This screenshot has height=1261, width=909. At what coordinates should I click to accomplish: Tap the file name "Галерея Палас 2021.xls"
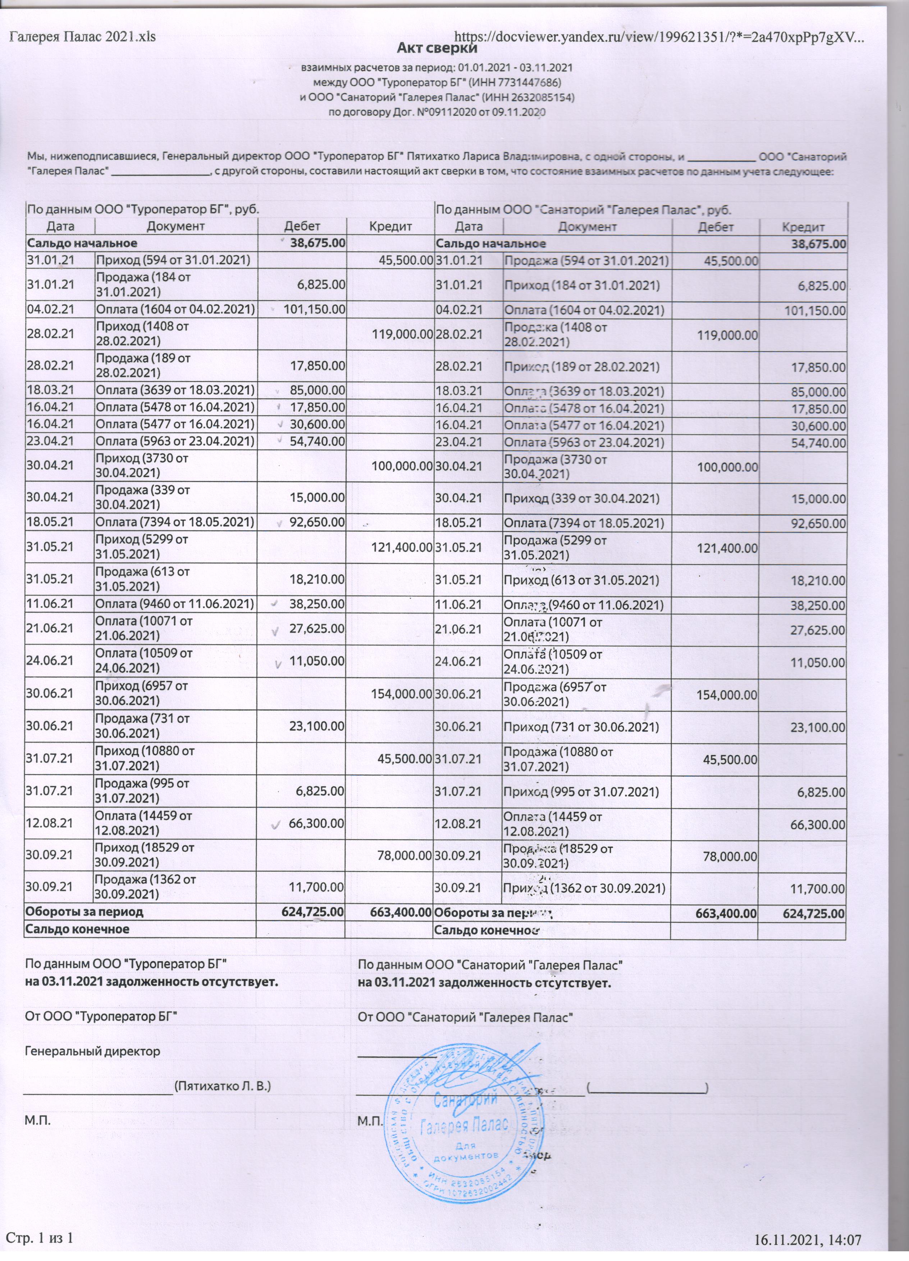(82, 37)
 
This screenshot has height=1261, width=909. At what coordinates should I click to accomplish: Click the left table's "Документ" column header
(176, 226)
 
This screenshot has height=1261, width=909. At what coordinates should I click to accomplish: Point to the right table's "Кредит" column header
(803, 227)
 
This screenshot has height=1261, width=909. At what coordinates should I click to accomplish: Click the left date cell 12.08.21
(51, 823)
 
